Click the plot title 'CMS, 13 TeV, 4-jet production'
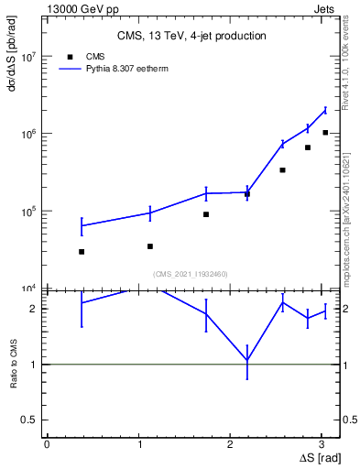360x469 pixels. [191, 36]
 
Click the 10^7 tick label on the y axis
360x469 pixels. [28, 57]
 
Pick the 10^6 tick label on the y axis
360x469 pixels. [28, 134]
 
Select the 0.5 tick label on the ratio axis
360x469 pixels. [30, 420]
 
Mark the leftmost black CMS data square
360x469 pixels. [82, 251]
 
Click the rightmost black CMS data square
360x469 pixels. [325, 133]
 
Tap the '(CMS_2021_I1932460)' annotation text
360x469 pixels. [191, 274]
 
